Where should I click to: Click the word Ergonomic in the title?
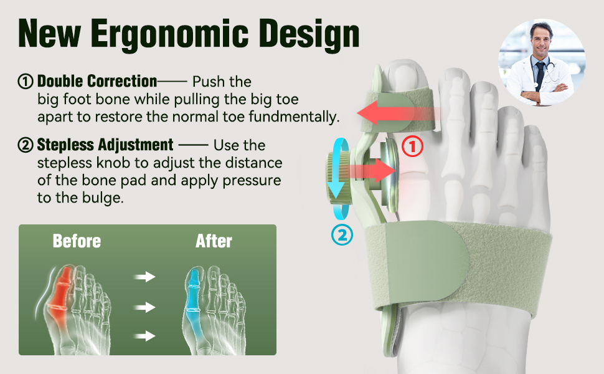(x=169, y=35)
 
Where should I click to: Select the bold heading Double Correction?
(x=97, y=82)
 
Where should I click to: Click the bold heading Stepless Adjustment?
(x=105, y=145)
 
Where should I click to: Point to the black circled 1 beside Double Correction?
(x=26, y=82)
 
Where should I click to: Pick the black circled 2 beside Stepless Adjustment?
(x=26, y=145)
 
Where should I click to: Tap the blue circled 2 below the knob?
(x=342, y=234)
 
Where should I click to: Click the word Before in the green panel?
(x=77, y=241)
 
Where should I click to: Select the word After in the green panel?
(x=214, y=241)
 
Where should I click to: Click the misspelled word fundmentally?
(x=294, y=117)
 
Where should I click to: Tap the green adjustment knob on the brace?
(x=338, y=178)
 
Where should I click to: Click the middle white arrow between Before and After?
(x=144, y=307)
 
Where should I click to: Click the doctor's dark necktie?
(x=540, y=75)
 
